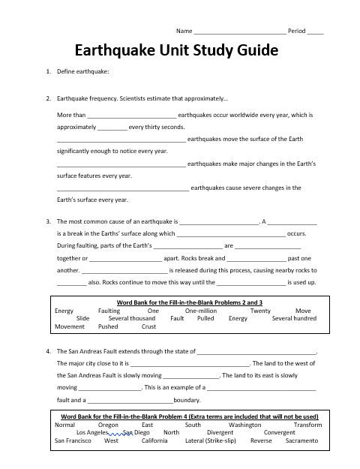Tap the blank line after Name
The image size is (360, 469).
click(x=240, y=33)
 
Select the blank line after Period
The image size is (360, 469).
click(x=316, y=33)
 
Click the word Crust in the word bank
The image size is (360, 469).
click(x=148, y=326)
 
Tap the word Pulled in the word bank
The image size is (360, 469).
click(x=205, y=318)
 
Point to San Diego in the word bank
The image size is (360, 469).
click(x=136, y=432)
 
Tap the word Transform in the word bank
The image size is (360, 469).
click(x=307, y=424)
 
